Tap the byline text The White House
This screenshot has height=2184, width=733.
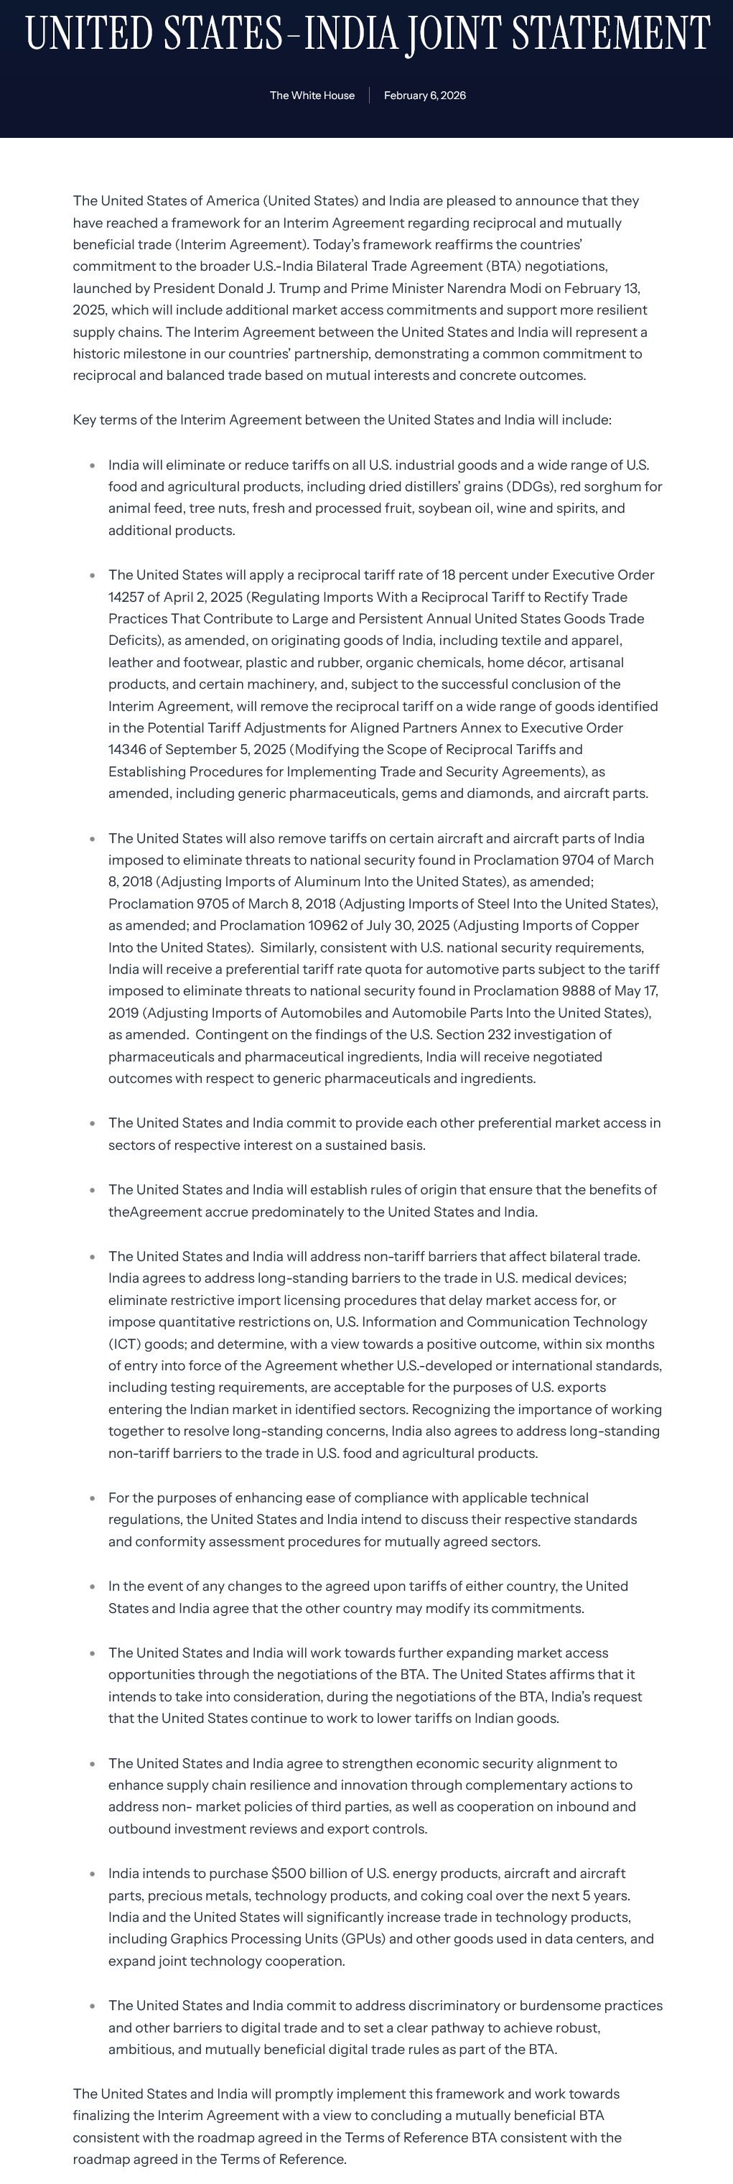[312, 96]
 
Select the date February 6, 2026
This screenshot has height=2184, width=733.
[424, 96]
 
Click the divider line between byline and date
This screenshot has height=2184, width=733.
[370, 96]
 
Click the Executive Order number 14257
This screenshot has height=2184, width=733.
[127, 597]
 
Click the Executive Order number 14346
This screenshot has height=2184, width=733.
[127, 750]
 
